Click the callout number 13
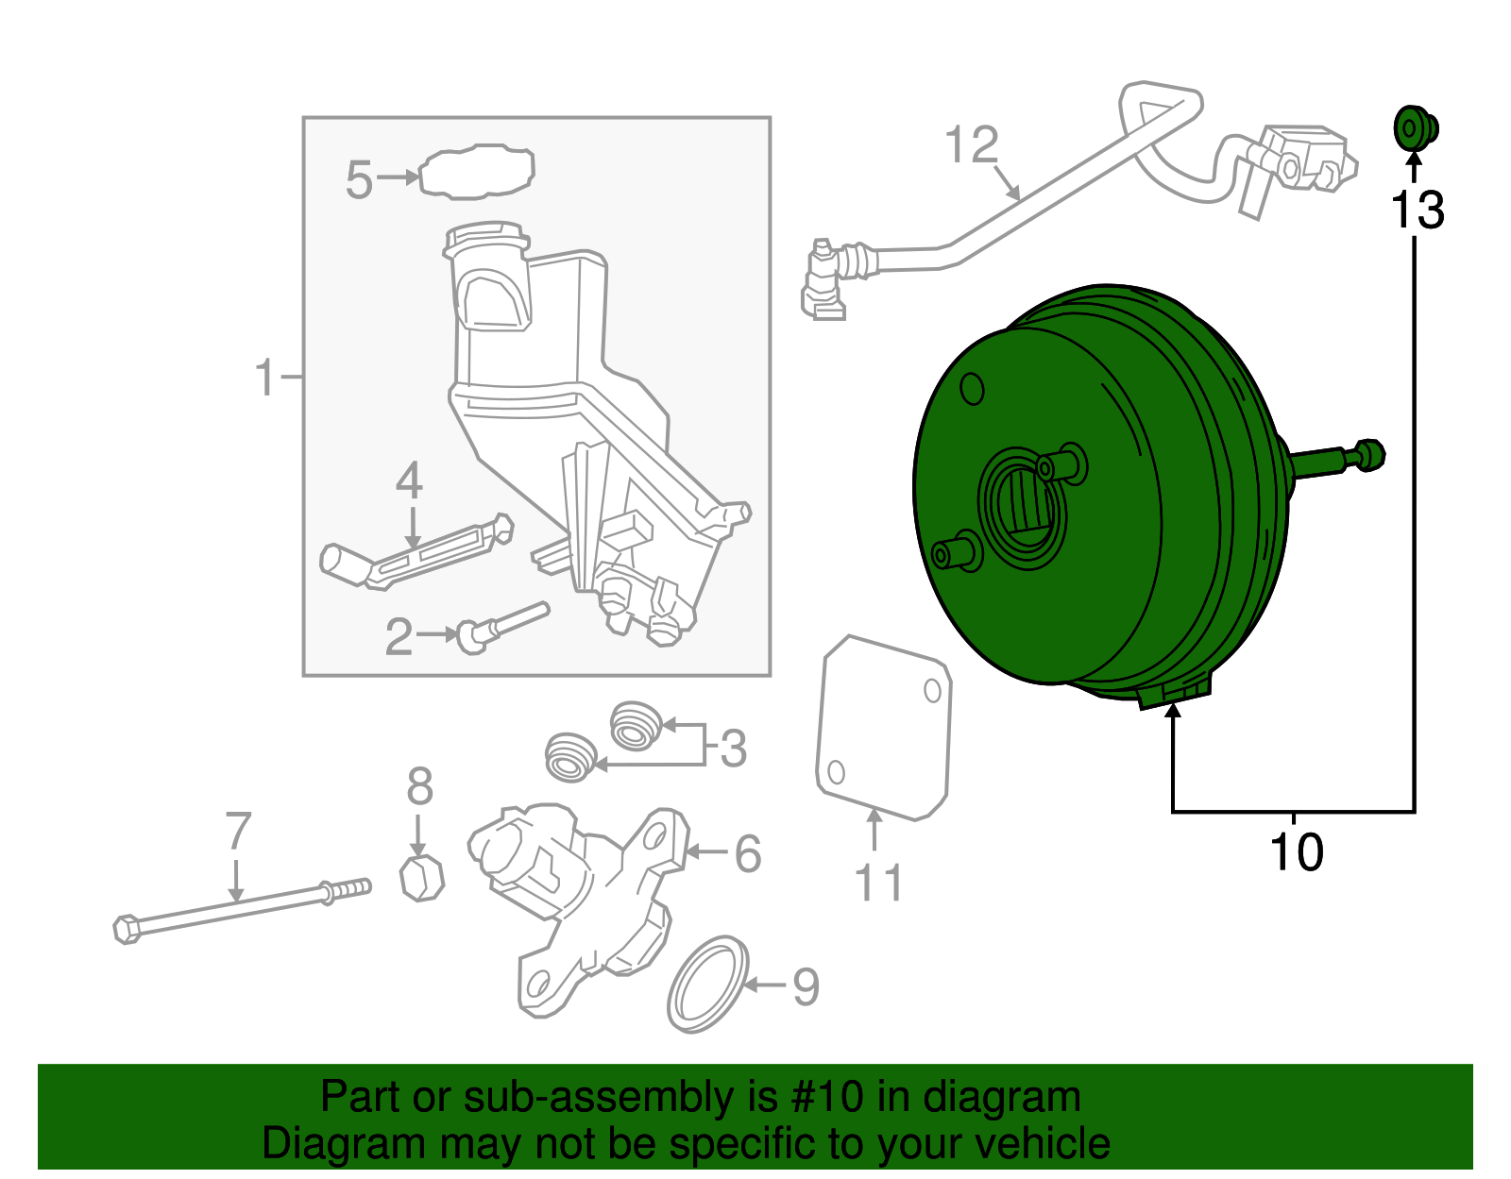[x=1417, y=211]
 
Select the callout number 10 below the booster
[x=1296, y=852]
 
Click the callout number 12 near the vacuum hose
[x=971, y=145]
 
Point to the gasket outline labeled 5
[x=477, y=172]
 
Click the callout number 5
[x=359, y=179]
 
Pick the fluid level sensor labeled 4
[x=416, y=557]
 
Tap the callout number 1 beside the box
[x=265, y=378]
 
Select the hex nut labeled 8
[x=422, y=878]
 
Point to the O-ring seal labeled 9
[x=707, y=985]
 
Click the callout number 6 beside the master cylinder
[x=747, y=853]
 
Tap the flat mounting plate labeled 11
[x=883, y=727]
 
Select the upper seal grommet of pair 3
[x=636, y=725]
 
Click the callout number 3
[x=733, y=749]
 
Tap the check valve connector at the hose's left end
[x=823, y=278]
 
